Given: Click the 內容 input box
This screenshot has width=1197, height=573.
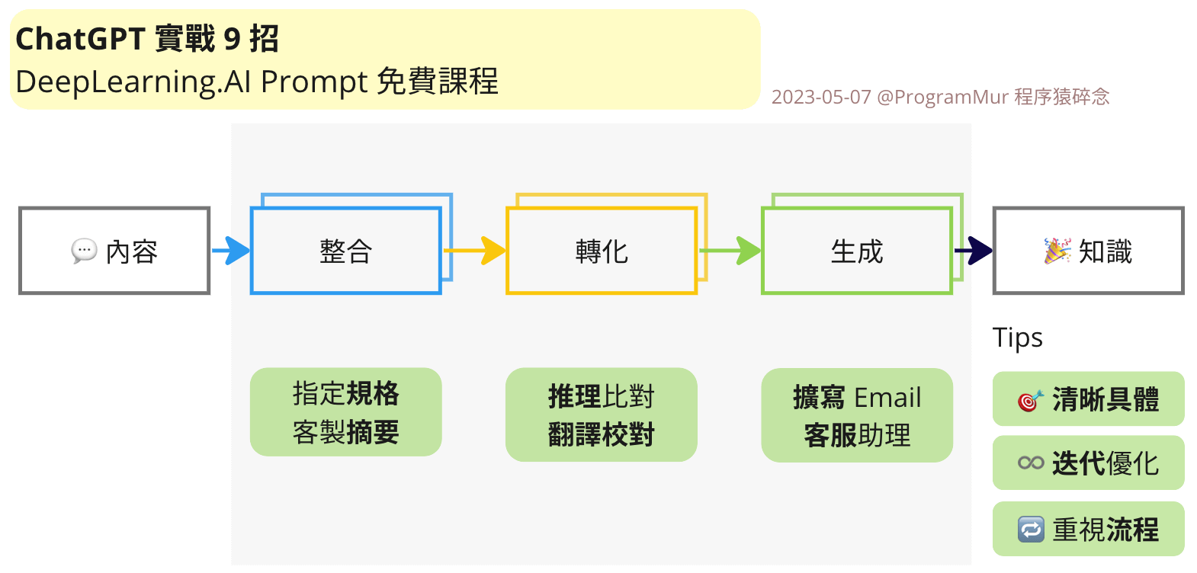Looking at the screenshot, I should click(114, 251).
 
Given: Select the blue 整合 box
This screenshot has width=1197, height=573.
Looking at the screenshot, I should click(346, 251).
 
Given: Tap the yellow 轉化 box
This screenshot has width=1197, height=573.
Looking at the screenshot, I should click(602, 251).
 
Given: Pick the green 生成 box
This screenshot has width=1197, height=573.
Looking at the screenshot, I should click(857, 251).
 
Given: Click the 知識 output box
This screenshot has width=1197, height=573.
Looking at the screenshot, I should click(1088, 251).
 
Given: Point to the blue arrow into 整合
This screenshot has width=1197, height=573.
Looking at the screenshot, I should click(231, 251).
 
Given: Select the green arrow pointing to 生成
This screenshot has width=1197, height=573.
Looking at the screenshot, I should click(730, 250).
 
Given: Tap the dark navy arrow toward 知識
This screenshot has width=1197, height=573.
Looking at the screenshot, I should click(974, 250).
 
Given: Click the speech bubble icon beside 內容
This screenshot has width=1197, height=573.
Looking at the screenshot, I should click(84, 251).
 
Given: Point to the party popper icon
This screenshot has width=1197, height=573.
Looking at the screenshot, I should click(1057, 251).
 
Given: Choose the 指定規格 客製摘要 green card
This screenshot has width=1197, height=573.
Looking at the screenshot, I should click(346, 412).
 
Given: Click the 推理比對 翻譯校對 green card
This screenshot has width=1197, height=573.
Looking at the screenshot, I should click(602, 415).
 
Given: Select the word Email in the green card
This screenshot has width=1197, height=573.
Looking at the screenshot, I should click(887, 398).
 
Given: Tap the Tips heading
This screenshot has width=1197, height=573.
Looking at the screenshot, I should click(1017, 338).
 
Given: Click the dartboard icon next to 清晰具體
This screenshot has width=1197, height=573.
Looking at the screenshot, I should click(1030, 399).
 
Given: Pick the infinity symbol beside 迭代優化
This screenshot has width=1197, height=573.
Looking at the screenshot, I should click(1031, 463).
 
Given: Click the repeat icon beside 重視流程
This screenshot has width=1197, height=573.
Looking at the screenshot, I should click(1031, 529).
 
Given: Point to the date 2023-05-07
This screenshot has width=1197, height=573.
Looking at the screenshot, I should click(821, 98).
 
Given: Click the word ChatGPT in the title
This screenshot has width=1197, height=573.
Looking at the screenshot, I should click(80, 39).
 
